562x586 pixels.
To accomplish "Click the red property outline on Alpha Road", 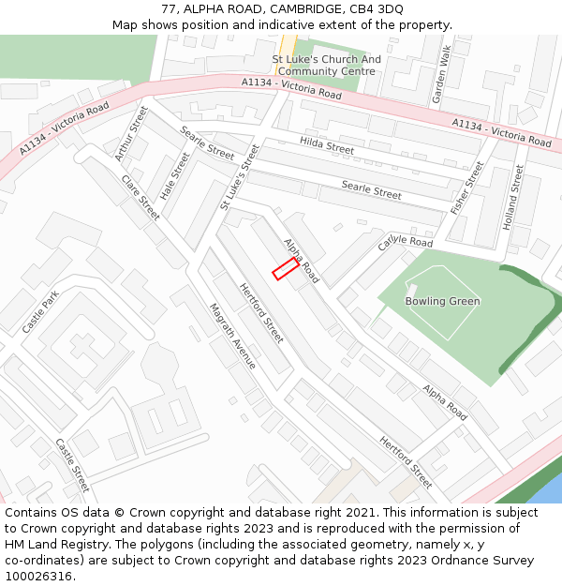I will (x=286, y=269).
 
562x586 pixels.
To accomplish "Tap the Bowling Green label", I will (x=442, y=301).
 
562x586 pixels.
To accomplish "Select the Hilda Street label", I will (x=327, y=144).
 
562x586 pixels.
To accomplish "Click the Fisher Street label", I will (x=466, y=188).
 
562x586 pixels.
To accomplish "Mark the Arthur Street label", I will (x=132, y=133).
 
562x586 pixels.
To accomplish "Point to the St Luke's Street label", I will (x=239, y=176).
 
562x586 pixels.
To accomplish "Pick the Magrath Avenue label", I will (x=232, y=335).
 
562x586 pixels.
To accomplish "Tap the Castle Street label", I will (x=72, y=464).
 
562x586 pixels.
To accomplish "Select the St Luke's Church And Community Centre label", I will (x=326, y=65).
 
